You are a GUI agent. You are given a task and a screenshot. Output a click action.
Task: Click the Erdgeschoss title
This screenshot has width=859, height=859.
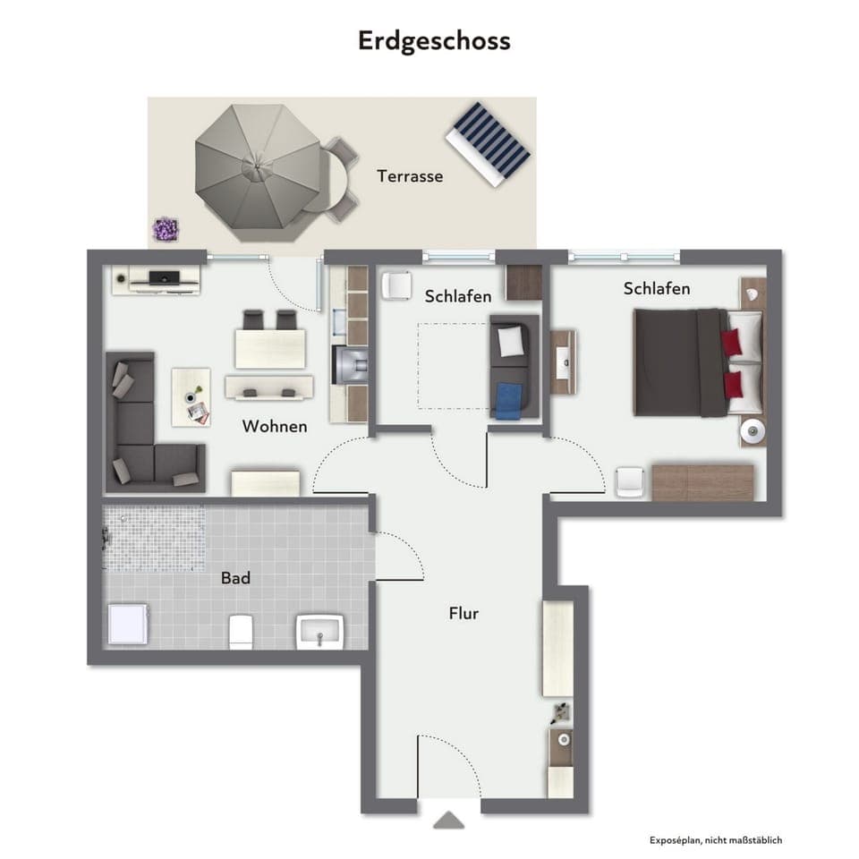pos(434,41)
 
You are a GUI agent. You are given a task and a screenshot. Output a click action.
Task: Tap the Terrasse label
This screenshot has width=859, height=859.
pos(410,176)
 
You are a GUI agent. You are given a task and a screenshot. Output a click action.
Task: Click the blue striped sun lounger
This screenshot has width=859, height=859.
pos(489,142)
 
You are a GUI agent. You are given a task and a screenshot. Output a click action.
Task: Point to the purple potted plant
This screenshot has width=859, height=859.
pos(165,229)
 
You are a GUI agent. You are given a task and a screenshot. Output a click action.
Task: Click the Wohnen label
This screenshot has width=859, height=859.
pos(275,427)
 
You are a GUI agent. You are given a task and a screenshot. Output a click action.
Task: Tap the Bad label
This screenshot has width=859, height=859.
pos(235,579)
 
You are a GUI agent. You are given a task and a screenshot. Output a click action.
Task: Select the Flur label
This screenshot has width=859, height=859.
pos(464,614)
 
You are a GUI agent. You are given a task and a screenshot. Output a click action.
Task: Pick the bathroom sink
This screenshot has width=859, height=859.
pos(319,631)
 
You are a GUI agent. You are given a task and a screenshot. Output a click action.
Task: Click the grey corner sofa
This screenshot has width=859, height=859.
pos(143,429)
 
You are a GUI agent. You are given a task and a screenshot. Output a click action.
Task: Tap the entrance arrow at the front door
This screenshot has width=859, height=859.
pos(448,820)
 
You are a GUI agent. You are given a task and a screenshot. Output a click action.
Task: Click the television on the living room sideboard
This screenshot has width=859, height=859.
pos(162,276)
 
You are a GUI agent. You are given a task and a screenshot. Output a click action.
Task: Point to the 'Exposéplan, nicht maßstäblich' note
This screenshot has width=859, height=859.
pos(716,840)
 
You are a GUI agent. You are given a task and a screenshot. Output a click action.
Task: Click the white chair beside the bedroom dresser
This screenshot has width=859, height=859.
pos(631,481)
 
